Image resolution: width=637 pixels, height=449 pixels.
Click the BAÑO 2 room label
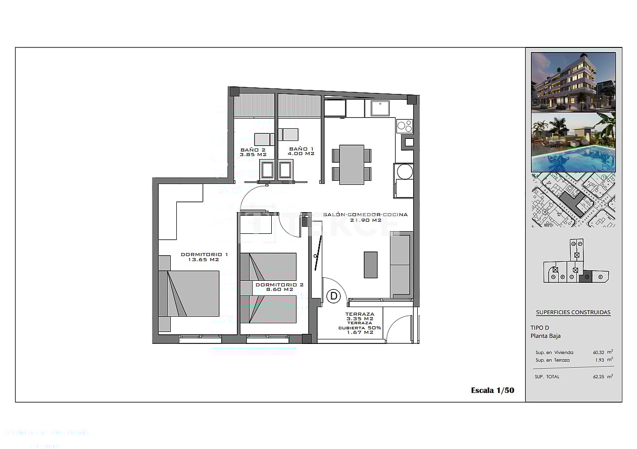[x=253, y=152]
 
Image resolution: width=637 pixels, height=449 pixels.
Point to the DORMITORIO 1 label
[x=204, y=257]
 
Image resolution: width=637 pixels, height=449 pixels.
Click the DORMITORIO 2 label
[x=279, y=287]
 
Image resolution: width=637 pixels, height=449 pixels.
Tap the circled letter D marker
[x=333, y=296]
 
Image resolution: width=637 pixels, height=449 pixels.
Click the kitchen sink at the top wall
[x=379, y=108]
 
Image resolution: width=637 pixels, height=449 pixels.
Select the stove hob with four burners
[x=404, y=126]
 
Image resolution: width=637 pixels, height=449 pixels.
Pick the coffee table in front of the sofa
[x=370, y=264]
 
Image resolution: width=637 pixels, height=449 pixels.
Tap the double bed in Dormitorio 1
[x=189, y=293]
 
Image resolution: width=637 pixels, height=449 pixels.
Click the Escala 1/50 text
[x=492, y=390]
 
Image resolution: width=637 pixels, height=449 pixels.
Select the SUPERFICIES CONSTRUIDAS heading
[x=573, y=312]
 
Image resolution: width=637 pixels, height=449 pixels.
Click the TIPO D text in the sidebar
[x=540, y=328]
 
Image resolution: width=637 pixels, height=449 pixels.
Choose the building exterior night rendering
[x=573, y=82]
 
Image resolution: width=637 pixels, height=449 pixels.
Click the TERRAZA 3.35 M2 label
[x=360, y=316]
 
